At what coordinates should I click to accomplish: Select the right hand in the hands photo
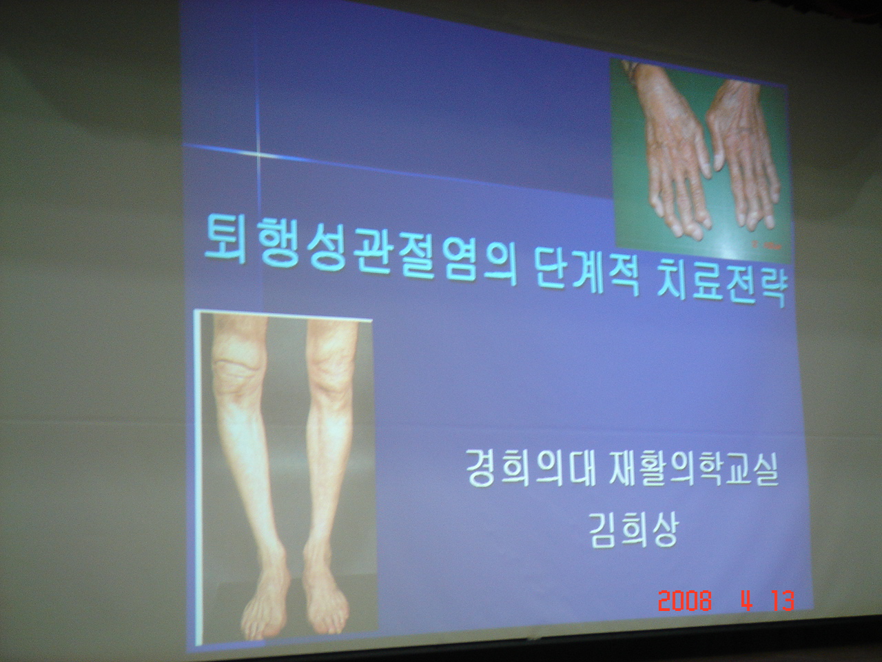(743, 157)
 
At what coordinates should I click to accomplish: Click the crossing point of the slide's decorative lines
(257, 154)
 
